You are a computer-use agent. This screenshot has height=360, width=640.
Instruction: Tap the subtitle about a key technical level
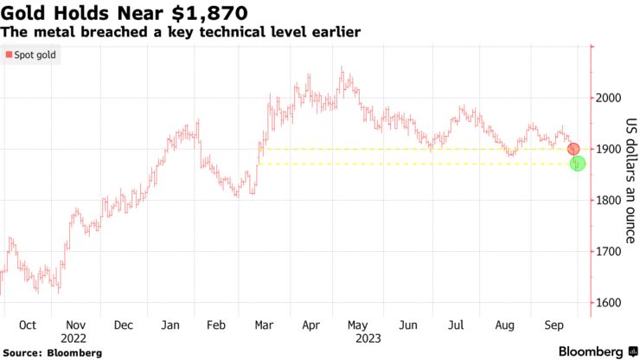pos(181,31)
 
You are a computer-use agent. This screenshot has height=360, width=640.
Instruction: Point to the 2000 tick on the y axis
pos(610,98)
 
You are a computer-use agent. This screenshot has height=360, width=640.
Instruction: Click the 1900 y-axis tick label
pos(610,149)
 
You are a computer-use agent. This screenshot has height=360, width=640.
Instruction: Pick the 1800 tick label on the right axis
pos(610,200)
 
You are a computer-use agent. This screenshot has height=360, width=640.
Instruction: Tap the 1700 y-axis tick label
pos(610,251)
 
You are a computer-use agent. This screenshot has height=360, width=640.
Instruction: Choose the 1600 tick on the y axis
pos(610,303)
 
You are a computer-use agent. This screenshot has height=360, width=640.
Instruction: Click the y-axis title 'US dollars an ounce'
pos(630,180)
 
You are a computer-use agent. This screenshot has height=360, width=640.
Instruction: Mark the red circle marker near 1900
pos(573,149)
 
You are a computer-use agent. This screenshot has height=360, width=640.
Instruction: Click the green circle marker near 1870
pos(578,164)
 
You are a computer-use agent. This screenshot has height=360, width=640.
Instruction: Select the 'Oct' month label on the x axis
pos(27,325)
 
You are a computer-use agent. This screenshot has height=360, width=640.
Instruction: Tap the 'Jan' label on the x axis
pos(170,325)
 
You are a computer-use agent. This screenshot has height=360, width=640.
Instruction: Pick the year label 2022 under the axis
pos(75,339)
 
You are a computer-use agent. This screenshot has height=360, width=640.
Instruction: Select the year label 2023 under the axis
pos(359,339)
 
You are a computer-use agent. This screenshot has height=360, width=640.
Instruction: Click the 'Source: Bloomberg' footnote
pos(53,353)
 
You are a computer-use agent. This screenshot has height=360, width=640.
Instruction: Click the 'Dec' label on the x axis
pos(124,325)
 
